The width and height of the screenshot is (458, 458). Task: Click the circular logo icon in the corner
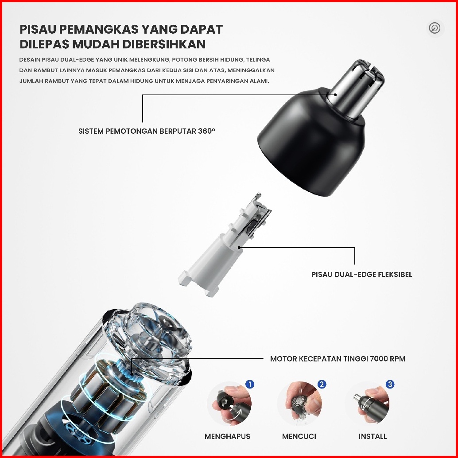tap(435, 28)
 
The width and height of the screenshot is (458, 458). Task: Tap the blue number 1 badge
tap(250, 384)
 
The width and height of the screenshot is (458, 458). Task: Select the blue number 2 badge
tap(322, 384)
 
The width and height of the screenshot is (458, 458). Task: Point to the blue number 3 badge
tap(390, 384)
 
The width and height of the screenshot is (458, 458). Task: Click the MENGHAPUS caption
tap(227, 436)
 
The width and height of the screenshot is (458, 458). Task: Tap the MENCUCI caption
tap(299, 436)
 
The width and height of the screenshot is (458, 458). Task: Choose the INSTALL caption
tap(373, 436)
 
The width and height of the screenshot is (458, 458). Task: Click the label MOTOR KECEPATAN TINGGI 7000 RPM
tap(338, 359)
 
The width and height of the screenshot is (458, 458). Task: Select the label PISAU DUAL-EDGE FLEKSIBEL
tap(361, 274)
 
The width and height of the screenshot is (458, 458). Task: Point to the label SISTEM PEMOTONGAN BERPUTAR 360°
tap(147, 131)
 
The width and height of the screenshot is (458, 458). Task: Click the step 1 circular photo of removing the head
tap(229, 404)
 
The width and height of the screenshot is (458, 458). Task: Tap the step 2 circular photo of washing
tap(299, 404)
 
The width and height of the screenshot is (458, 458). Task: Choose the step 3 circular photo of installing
tap(368, 404)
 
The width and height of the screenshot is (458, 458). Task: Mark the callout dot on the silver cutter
tap(336, 94)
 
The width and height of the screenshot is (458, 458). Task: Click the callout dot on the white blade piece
tap(239, 248)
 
